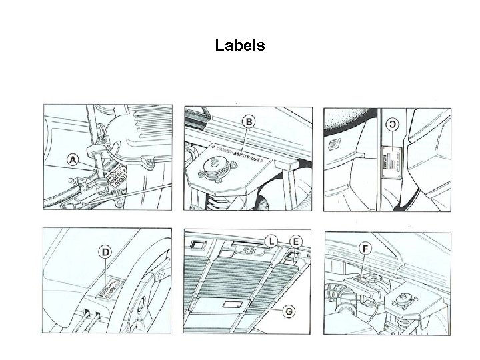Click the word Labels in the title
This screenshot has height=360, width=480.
coord(240,46)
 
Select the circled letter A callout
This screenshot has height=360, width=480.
coord(73,159)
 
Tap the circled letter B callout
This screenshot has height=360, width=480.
coord(249,121)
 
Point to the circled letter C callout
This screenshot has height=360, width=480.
coord(393,124)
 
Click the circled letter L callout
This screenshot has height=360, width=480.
coord(271,239)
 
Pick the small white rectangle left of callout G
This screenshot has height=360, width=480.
coord(232,305)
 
